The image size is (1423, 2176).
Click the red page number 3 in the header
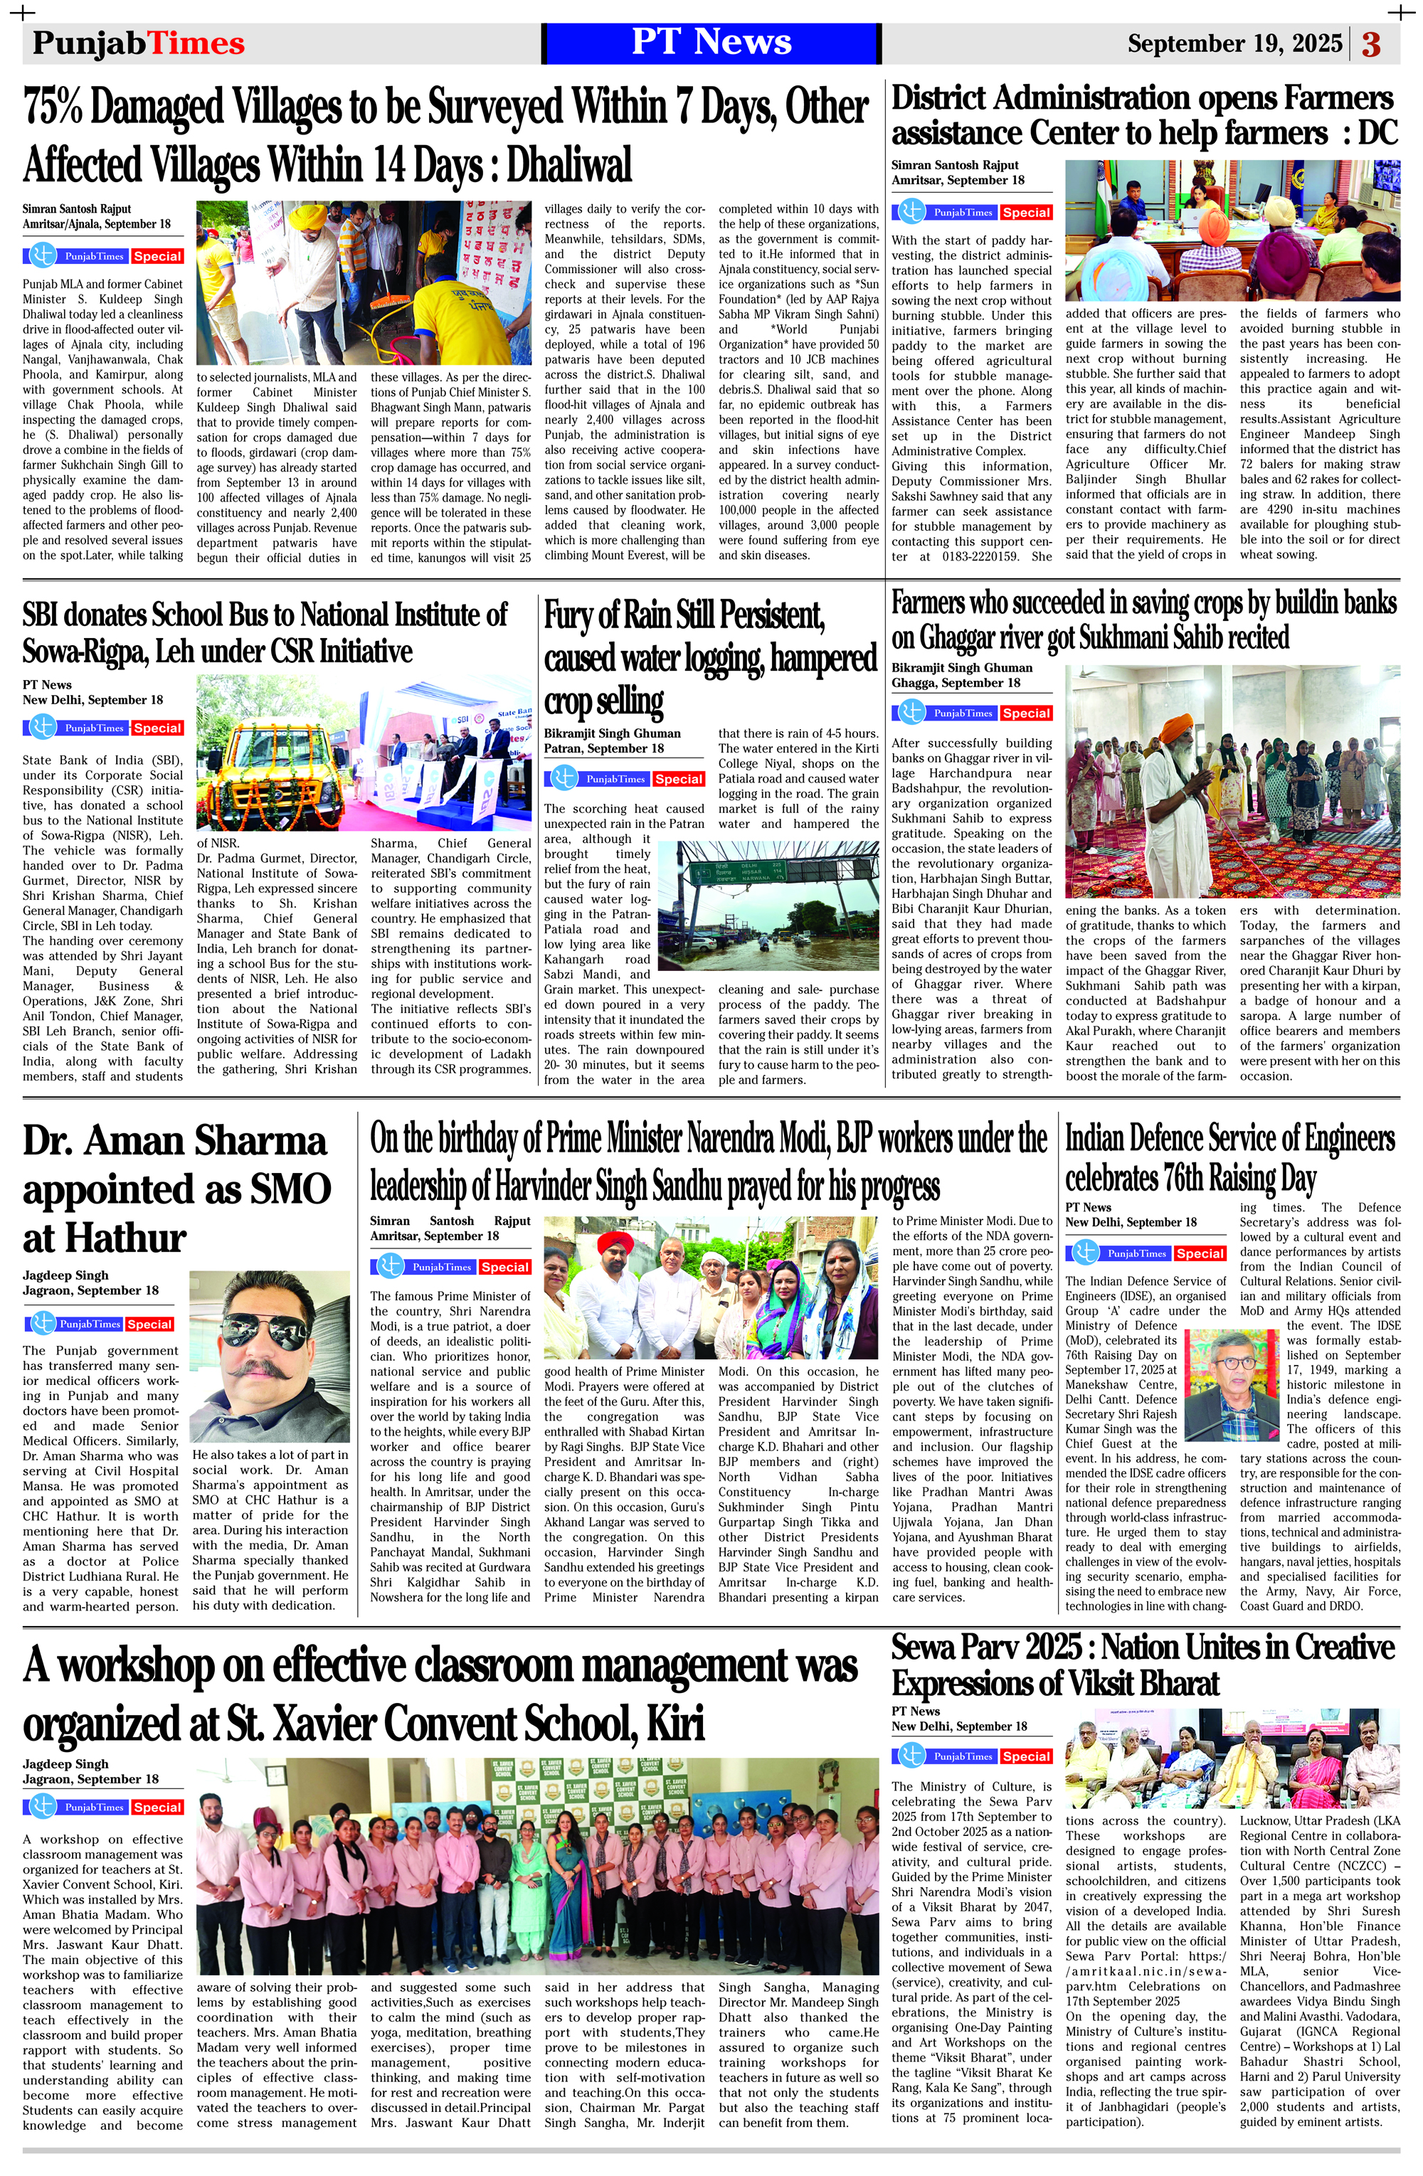[x=1371, y=44]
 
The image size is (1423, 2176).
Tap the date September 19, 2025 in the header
[x=1234, y=44]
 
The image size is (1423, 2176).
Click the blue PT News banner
[x=711, y=43]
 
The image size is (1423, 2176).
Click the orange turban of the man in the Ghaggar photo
[x=1173, y=730]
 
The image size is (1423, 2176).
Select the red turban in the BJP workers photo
[x=615, y=1244]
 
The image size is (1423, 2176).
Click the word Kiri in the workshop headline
[x=676, y=1724]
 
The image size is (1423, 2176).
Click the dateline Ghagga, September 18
[x=956, y=683]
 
